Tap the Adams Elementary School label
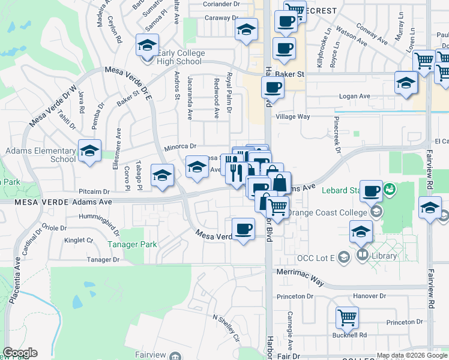[38, 155]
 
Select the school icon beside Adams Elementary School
[89, 151]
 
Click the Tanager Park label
[132, 244]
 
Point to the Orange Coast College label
[327, 212]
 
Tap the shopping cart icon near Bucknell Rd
[347, 319]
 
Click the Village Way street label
[292, 117]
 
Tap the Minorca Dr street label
[181, 146]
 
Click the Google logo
[20, 353]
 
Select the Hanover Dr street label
[370, 296]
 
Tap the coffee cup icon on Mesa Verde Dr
[243, 229]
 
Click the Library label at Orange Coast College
[384, 256]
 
